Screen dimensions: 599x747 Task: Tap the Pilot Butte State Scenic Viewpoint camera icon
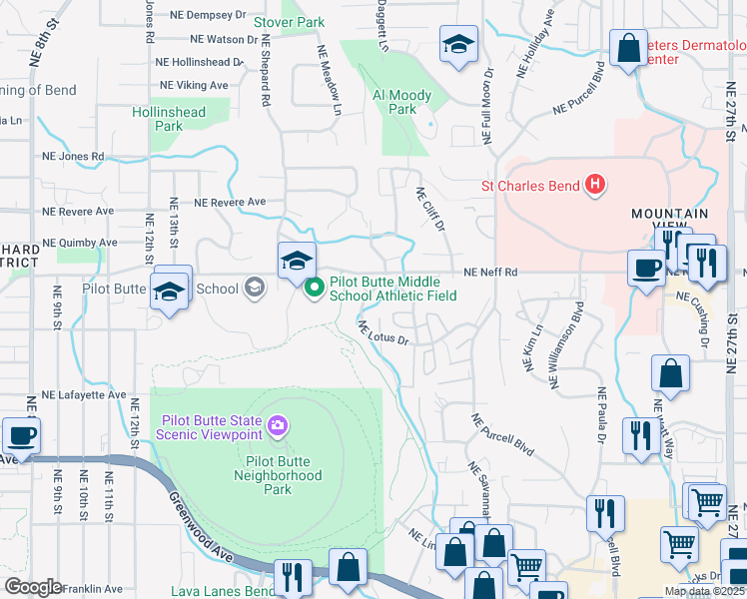(x=278, y=427)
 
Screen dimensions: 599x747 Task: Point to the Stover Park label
(x=290, y=21)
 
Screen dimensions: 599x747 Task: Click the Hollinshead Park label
(x=170, y=119)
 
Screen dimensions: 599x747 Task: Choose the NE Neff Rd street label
(x=490, y=272)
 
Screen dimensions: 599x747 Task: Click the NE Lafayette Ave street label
(x=76, y=395)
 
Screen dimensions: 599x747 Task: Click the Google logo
(x=32, y=587)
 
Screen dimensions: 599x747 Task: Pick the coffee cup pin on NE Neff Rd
(x=646, y=268)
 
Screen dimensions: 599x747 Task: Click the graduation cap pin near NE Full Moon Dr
(x=458, y=44)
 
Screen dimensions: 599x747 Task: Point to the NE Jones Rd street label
(x=73, y=157)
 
